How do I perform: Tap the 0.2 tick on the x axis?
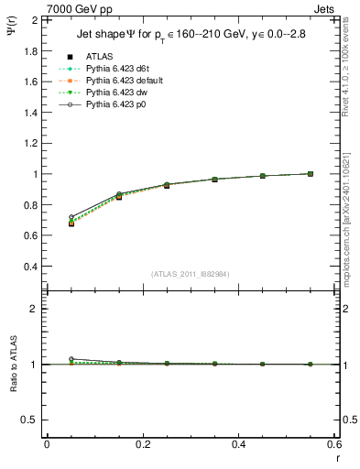142,444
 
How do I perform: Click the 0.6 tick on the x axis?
334,444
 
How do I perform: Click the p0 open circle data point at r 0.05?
71,217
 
